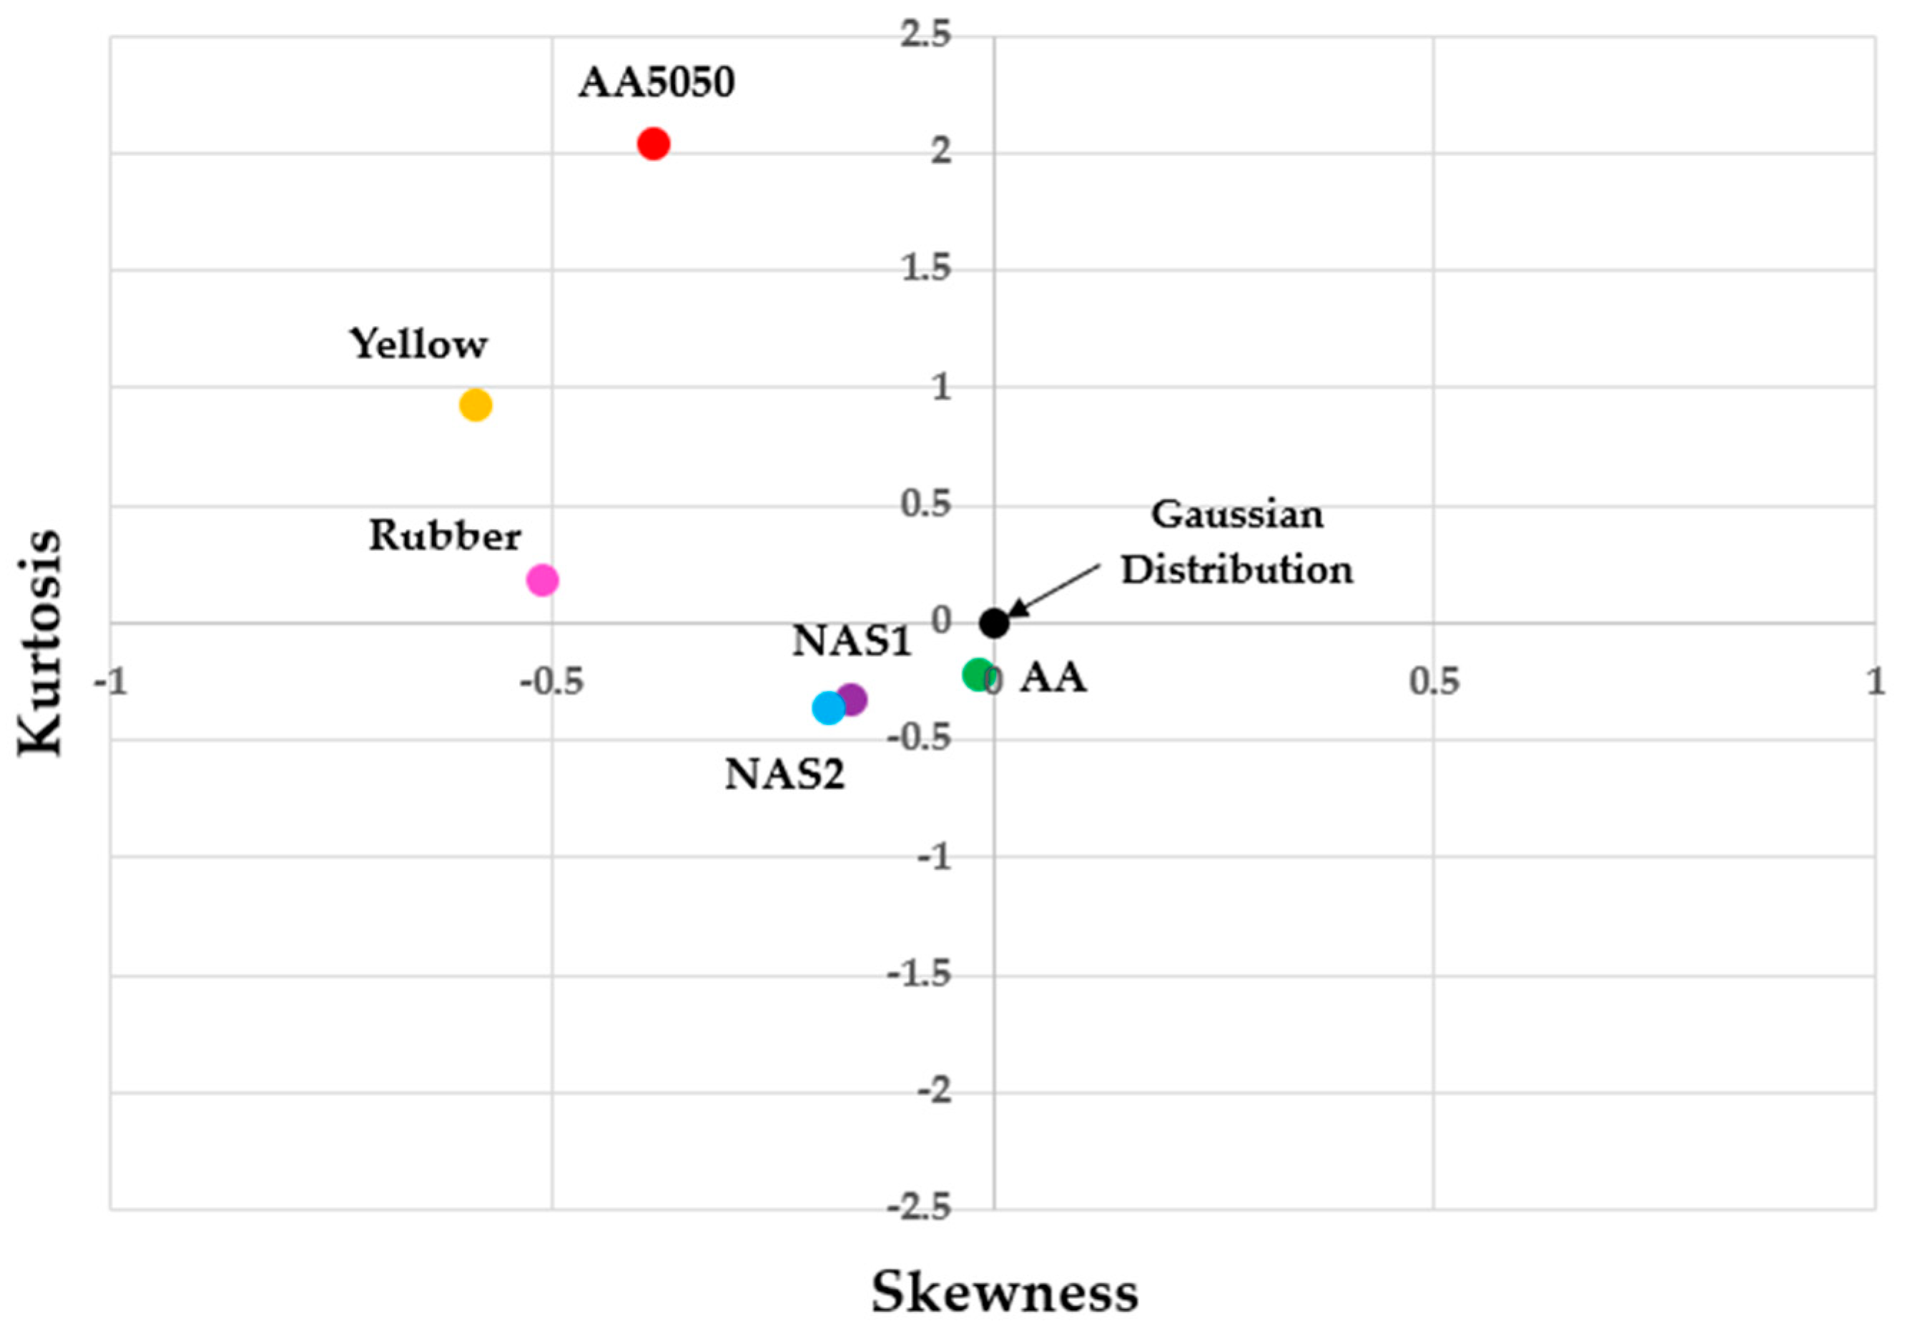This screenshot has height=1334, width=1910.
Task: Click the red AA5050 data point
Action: [x=653, y=144]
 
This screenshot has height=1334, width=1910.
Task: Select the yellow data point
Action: [x=475, y=405]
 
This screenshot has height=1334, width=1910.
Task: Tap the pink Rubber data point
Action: [x=542, y=580]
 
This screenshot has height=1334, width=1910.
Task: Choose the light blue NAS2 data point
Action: [x=828, y=708]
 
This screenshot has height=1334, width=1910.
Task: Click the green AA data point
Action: [x=978, y=673]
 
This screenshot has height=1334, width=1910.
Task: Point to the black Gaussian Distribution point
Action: [x=994, y=622]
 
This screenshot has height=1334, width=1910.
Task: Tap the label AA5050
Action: [x=656, y=82]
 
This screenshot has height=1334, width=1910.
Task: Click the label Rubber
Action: [x=445, y=535]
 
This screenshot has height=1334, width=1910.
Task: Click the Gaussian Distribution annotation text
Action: [x=1237, y=542]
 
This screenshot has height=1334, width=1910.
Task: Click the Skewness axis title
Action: [x=1004, y=1293]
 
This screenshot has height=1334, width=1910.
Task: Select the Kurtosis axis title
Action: [x=39, y=642]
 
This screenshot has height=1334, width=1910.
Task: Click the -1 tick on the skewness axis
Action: [x=111, y=682]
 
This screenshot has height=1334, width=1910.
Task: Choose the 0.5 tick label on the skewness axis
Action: [x=1433, y=682]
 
